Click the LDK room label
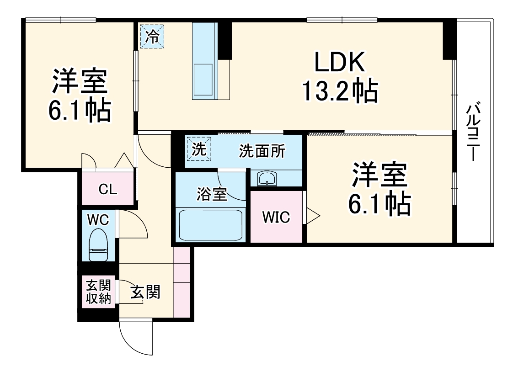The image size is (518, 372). pyautogui.click(x=339, y=63)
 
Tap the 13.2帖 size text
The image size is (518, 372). pyautogui.click(x=339, y=91)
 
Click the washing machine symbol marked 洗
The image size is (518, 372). pyautogui.click(x=198, y=149)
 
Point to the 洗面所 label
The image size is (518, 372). pyautogui.click(x=262, y=151)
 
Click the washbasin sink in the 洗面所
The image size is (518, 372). pyautogui.click(x=267, y=178)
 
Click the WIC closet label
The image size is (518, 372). pyautogui.click(x=276, y=218)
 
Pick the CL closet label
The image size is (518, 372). pyautogui.click(x=108, y=189)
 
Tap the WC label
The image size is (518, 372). pyautogui.click(x=98, y=220)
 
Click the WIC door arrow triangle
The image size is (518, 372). pyautogui.click(x=313, y=216)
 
